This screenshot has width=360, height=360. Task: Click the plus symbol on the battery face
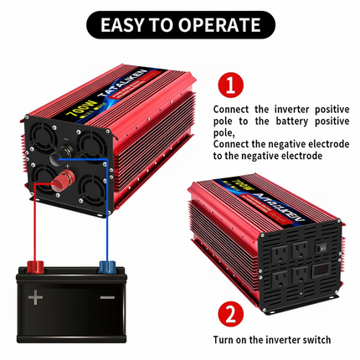(36, 298)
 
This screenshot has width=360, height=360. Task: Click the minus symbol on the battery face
(106, 298)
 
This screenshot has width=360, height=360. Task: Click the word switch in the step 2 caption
(313, 339)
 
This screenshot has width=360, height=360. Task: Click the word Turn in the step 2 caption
(226, 339)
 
